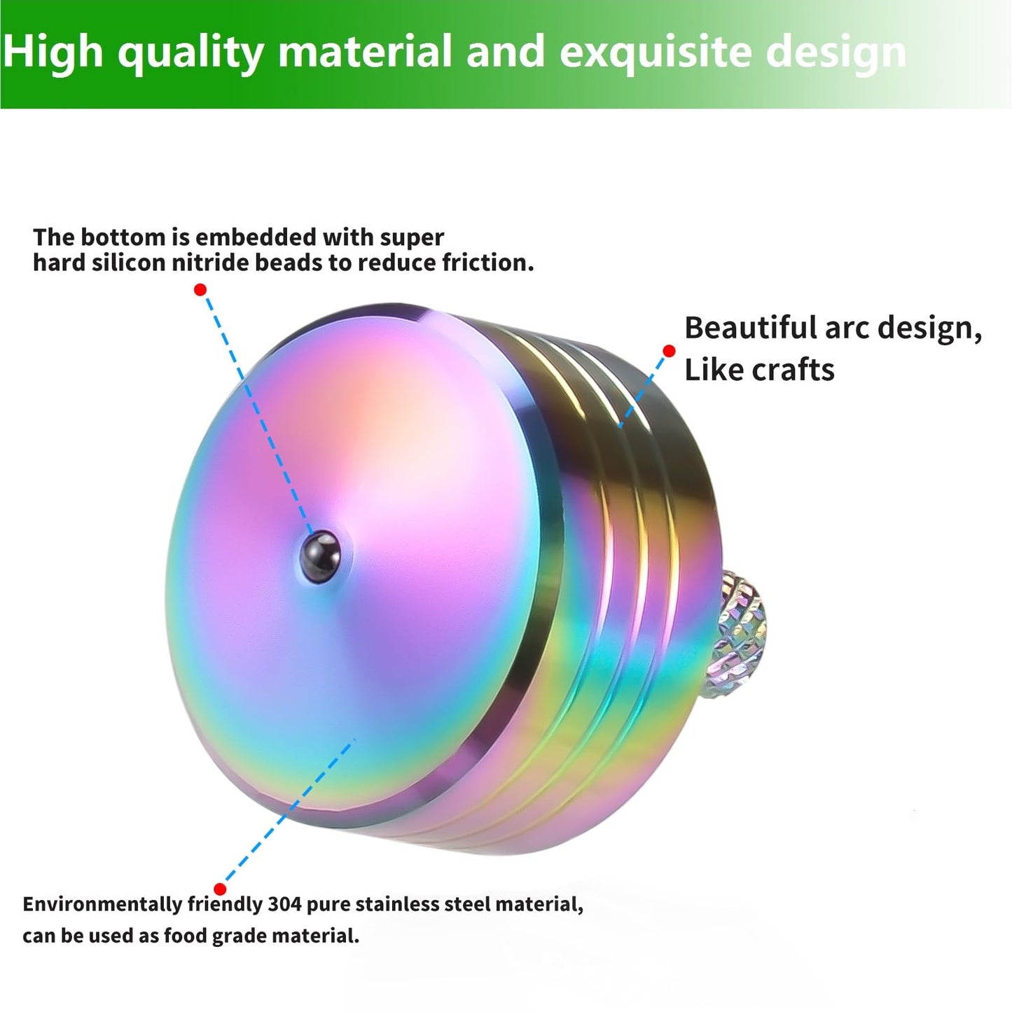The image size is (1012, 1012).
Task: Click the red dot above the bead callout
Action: pyautogui.click(x=200, y=289)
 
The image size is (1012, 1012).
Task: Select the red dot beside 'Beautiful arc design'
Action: pyautogui.click(x=669, y=351)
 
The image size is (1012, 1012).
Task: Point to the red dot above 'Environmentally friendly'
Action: pyautogui.click(x=220, y=889)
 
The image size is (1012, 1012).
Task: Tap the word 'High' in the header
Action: pyautogui.click(x=53, y=53)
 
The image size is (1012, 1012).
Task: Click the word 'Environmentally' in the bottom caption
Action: pyautogui.click(x=102, y=904)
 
